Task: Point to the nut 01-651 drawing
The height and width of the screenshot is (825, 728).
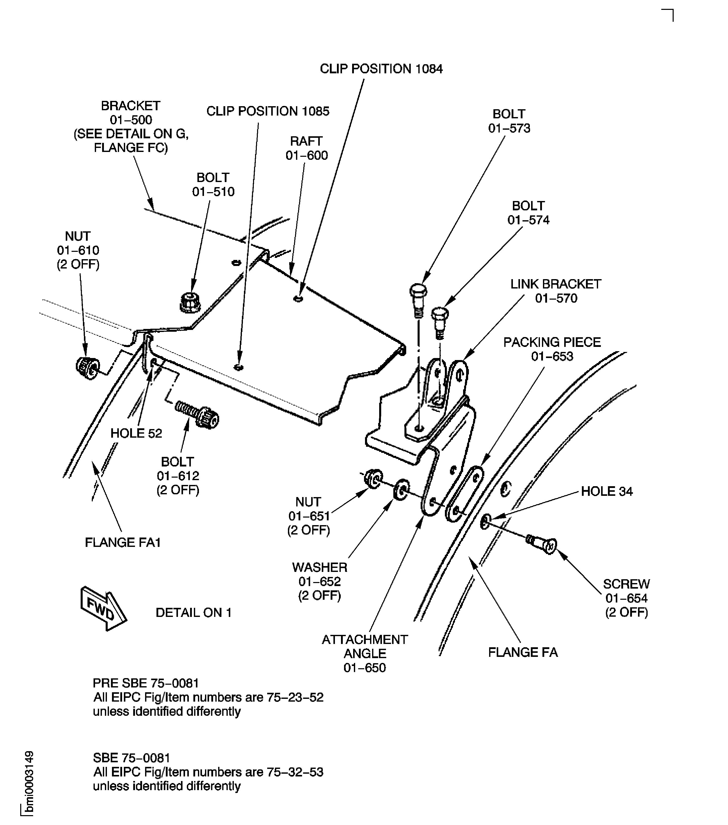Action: coord(373,479)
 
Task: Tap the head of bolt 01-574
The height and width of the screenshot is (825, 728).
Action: coord(440,313)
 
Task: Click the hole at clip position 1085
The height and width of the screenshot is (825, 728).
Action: coord(239,367)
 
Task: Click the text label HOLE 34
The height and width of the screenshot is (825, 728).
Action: coord(606,491)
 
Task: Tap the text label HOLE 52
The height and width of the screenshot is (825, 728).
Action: coord(136,433)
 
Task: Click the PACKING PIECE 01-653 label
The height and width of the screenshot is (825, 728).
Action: coord(552,349)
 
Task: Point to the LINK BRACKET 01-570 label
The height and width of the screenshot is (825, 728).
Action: coord(556,291)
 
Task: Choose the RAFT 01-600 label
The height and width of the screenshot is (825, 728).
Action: coord(307,148)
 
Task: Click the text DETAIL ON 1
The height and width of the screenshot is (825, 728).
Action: coord(193,612)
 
